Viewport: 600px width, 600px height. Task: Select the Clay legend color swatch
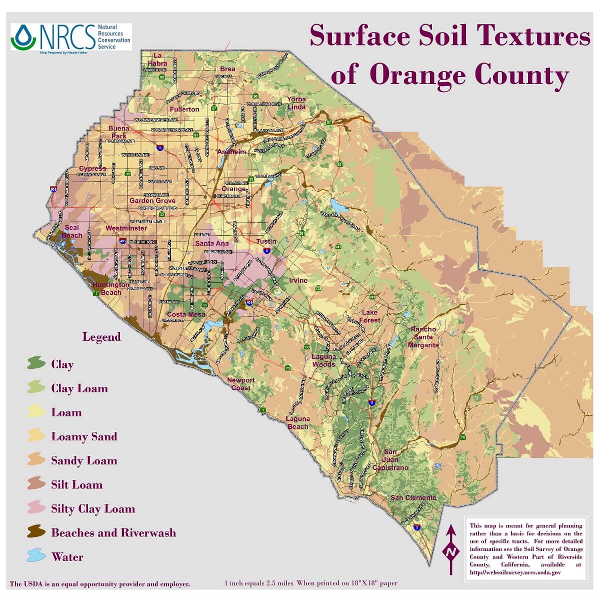pos(35,364)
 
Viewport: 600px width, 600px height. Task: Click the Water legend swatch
pos(35,556)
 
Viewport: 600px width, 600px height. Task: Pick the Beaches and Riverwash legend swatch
pos(35,532)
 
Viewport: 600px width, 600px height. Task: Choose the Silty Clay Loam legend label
pos(93,509)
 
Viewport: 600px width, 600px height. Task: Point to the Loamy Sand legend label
pos(84,436)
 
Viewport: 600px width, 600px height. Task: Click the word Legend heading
pos(101,337)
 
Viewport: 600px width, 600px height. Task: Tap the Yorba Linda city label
pos(296,103)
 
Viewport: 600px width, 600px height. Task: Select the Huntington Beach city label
pos(107,289)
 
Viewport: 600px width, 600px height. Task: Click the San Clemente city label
pos(413,497)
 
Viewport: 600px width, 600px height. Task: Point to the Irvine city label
pos(298,281)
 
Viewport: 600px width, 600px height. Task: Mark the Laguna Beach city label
pos(297,423)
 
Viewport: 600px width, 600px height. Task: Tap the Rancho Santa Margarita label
pos(423,337)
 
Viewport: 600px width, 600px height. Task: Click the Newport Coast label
pos(241,384)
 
